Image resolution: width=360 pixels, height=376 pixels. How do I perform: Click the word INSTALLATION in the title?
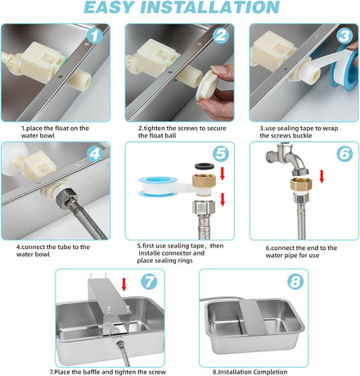(x=209, y=7)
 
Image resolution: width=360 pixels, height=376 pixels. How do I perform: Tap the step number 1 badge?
(x=94, y=36)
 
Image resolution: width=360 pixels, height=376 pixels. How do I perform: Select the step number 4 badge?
(x=95, y=154)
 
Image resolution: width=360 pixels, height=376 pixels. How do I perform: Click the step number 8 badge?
(x=295, y=282)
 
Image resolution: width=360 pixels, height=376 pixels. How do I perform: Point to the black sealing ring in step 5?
(x=205, y=165)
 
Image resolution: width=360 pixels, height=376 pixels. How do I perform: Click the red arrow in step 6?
(x=322, y=176)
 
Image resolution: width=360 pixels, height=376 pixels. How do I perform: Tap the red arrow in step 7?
(x=124, y=284)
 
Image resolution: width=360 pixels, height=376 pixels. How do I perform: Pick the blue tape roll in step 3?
(x=344, y=67)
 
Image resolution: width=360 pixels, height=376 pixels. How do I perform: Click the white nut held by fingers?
(x=208, y=85)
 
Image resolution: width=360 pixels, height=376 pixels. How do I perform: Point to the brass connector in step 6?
(x=300, y=184)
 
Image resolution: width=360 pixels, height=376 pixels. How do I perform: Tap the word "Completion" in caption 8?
(x=270, y=372)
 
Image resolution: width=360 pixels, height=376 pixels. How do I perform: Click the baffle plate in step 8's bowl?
(x=253, y=317)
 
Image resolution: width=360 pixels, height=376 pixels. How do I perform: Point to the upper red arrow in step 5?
(x=223, y=174)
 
